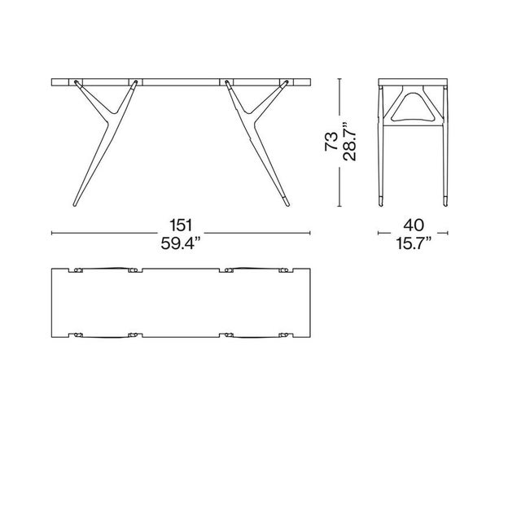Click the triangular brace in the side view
[x=413, y=105]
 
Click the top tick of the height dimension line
[x=339, y=78]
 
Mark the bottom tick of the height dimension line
[x=339, y=207]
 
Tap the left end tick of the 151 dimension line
[x=52, y=233]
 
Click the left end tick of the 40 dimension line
[x=379, y=233]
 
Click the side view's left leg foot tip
[x=384, y=200]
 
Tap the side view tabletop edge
[x=413, y=81]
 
